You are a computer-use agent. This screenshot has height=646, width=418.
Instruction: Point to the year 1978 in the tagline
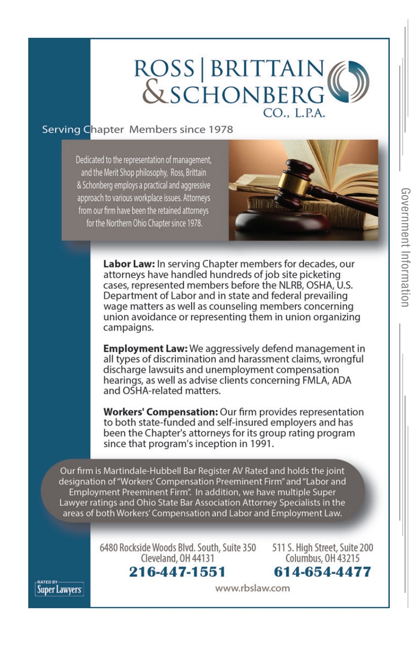pyautogui.click(x=218, y=129)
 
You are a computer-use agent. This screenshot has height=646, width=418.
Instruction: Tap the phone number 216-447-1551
pyautogui.click(x=177, y=572)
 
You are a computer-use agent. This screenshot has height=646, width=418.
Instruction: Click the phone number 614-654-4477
pyautogui.click(x=322, y=572)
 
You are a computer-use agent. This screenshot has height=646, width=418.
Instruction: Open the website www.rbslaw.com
pyautogui.click(x=252, y=588)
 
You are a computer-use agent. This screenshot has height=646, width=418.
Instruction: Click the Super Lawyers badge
pyautogui.click(x=59, y=588)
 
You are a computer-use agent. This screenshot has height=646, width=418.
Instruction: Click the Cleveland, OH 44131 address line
pyautogui.click(x=177, y=558)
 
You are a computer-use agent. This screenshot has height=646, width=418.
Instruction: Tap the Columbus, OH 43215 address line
pyautogui.click(x=322, y=558)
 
